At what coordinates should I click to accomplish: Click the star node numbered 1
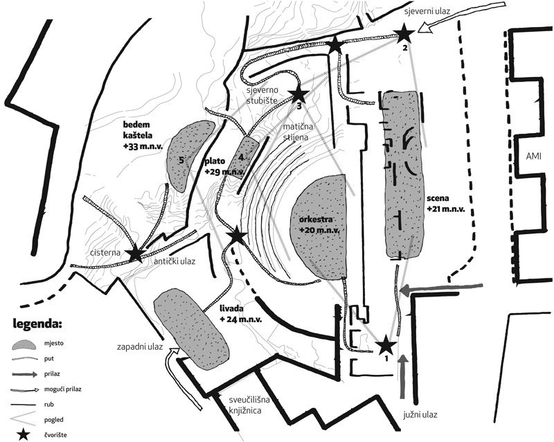(x=386, y=345)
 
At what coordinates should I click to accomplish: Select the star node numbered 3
(x=298, y=94)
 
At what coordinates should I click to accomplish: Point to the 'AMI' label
(x=533, y=157)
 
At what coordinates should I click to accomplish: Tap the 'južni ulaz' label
(x=420, y=414)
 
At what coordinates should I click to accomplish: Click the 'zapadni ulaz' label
(x=140, y=347)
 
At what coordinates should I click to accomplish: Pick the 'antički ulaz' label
(x=175, y=262)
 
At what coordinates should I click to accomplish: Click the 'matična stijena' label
(x=296, y=132)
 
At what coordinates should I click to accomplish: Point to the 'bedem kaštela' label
(x=143, y=135)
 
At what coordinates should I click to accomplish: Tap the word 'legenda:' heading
(x=37, y=323)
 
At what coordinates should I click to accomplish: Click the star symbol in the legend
(x=24, y=434)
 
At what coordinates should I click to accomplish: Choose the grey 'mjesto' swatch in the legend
(x=24, y=344)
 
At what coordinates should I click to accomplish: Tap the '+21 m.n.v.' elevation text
(x=445, y=209)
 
